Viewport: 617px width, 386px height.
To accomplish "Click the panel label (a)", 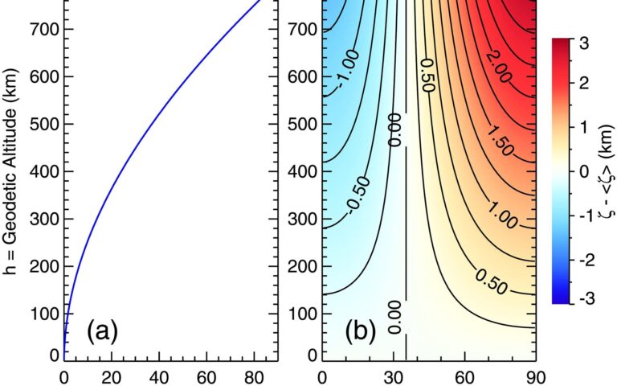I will (102, 331).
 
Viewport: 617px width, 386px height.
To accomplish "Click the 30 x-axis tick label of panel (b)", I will (394, 376).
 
